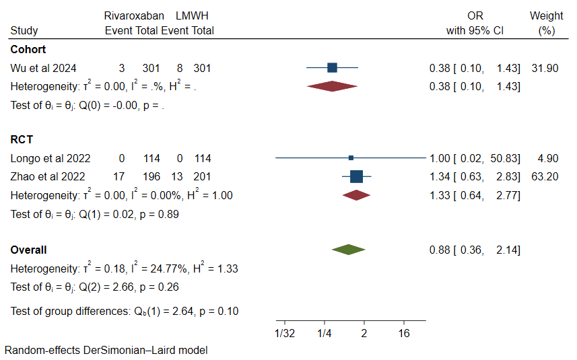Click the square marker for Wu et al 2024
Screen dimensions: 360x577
tap(332, 67)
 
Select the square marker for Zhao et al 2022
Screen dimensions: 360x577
tap(357, 176)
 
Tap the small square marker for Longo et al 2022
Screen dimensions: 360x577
tap(351, 158)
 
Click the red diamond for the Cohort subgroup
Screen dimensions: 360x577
tap(332, 86)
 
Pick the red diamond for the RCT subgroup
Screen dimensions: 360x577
tap(357, 195)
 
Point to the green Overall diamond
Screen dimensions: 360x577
tap(349, 250)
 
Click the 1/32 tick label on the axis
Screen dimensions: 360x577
tap(285, 334)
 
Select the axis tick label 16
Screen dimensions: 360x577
tap(404, 334)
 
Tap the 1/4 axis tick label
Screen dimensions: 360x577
tap(325, 334)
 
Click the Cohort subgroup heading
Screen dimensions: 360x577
tap(28, 49)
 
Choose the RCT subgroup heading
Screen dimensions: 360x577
tap(22, 140)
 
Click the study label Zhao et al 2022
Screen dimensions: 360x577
tap(48, 176)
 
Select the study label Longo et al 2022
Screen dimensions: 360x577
tap(50, 158)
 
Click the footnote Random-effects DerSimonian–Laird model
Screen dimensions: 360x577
tap(106, 351)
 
